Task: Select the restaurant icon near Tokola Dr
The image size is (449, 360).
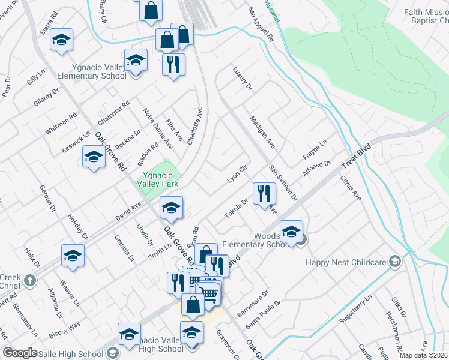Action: click(x=264, y=193)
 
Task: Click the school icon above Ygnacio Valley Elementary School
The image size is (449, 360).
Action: click(x=136, y=60)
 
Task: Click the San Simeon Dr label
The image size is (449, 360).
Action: click(x=283, y=182)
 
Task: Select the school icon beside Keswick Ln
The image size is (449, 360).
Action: click(x=94, y=157)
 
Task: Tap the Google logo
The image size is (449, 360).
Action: click(x=20, y=353)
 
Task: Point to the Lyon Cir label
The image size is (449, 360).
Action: click(x=237, y=175)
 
